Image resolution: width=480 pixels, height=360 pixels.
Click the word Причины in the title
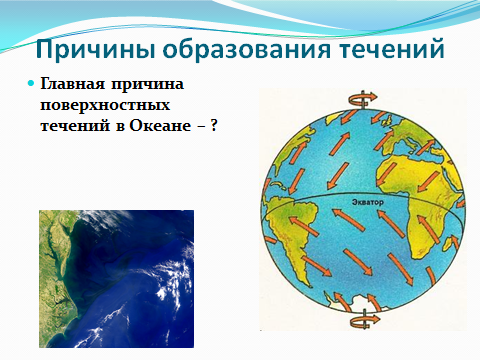coord(95,49)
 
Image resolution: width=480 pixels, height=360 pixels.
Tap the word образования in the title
coord(247,49)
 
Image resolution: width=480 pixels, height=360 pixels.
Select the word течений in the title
coord(392,49)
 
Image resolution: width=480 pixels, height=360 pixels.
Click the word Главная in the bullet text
coord(73,84)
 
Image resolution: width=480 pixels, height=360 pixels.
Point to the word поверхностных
coord(105,105)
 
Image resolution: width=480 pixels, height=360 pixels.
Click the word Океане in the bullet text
coord(160,126)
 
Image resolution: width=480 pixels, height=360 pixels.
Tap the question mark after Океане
coord(214,125)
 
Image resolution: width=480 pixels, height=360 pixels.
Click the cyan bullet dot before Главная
coord(31,83)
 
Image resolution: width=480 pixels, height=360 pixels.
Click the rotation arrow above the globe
coord(363,99)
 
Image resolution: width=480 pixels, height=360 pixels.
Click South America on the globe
coord(293,233)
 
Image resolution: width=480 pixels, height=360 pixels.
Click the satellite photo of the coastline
coord(116,279)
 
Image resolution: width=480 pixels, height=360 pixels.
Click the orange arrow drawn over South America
coord(304,227)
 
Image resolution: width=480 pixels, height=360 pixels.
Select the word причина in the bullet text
coord(147,84)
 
